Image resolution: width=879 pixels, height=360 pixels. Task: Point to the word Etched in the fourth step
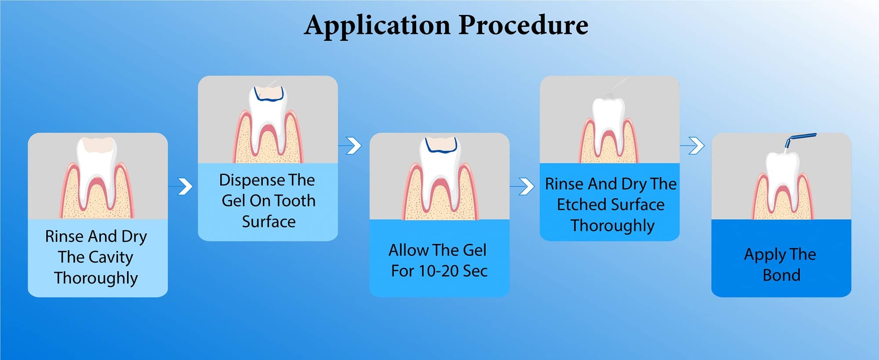[581, 204]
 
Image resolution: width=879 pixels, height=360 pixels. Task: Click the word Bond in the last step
[781, 275]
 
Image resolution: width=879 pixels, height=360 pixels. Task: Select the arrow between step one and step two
[181, 186]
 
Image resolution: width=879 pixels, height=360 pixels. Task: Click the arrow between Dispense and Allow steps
[350, 145]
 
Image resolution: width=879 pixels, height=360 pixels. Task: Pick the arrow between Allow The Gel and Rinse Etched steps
[522, 186]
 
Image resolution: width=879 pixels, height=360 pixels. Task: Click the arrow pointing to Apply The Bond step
[692, 145]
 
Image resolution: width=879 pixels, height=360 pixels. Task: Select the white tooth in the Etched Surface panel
[609, 126]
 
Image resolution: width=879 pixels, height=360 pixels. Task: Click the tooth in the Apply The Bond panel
[782, 180]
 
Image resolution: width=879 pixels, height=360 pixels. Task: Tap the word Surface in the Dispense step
[269, 222]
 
